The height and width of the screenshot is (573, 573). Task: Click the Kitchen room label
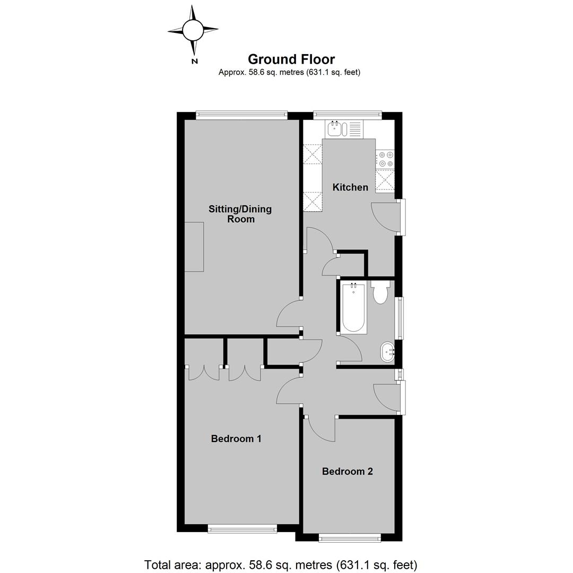350,187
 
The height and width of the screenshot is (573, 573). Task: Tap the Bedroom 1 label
236,439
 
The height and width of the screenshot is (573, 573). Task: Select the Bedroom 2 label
347,472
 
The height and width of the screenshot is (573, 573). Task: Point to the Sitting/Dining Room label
240,214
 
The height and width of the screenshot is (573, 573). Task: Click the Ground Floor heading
291,59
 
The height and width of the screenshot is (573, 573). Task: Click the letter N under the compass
195,62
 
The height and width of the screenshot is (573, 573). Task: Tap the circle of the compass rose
193,30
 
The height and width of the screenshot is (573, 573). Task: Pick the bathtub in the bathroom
353,307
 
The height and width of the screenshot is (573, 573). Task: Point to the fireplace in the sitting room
194,247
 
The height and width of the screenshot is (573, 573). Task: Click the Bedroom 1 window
242,528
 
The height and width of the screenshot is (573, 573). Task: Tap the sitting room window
241,115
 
